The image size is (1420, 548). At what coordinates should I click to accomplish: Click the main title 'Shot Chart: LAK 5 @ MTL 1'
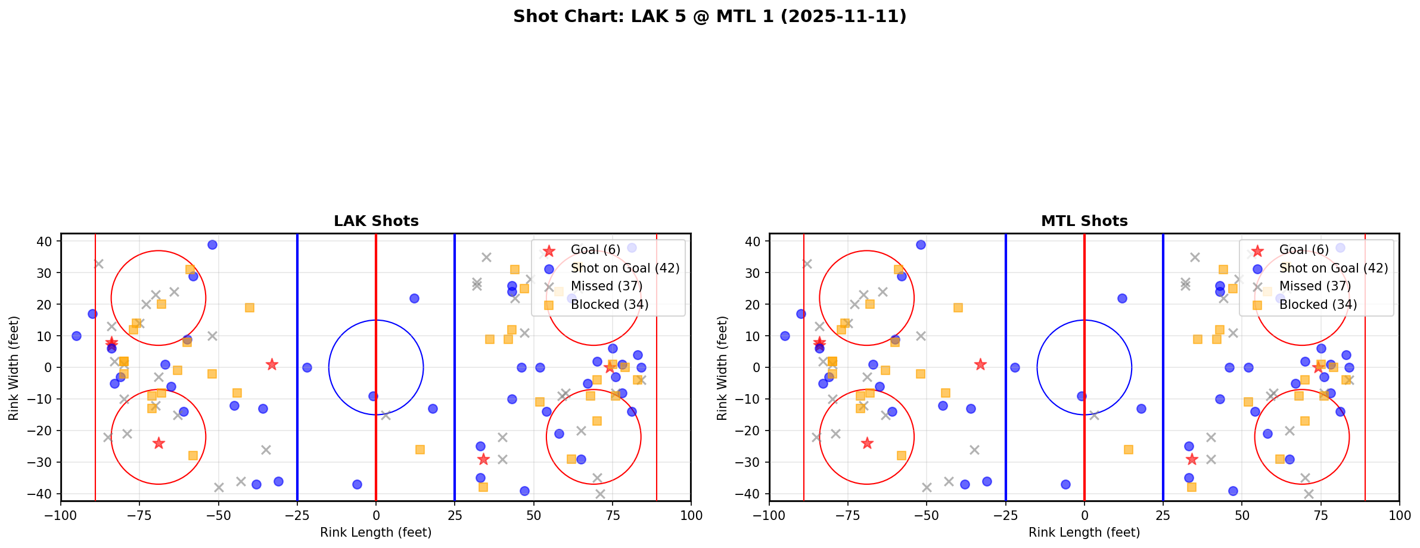[710, 17]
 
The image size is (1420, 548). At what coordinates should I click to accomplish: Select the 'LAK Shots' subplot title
[376, 221]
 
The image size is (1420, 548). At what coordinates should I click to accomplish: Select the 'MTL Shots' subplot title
[1084, 221]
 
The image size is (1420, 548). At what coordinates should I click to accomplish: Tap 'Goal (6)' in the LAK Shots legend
[595, 250]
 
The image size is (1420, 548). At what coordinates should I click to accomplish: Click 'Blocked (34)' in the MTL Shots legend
[1318, 305]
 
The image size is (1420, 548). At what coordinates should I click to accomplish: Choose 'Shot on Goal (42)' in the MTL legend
[1334, 268]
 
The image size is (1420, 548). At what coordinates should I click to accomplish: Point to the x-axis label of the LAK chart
[375, 532]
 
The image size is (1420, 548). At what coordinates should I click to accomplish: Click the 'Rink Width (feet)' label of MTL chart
[722, 368]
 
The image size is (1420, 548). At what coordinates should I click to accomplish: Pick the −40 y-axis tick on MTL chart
[751, 494]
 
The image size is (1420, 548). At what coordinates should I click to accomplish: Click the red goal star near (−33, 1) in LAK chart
[272, 364]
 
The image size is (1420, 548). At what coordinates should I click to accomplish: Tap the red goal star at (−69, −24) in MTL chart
[867, 443]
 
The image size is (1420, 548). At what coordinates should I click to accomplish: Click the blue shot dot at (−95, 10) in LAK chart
[76, 336]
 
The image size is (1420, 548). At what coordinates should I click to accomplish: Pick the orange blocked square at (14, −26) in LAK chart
[420, 450]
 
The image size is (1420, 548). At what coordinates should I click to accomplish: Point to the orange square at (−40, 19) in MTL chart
[958, 308]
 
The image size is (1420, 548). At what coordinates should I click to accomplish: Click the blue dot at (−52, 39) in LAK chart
[212, 244]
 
